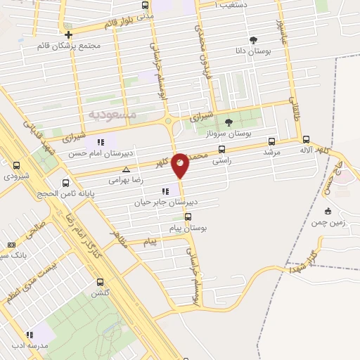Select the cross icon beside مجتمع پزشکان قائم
tap(68, 34)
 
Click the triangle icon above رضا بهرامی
tap(126, 169)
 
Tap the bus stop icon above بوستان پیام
tap(187, 217)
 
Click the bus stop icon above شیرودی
tap(16, 166)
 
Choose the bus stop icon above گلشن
tap(100, 282)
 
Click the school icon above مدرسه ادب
tap(30, 335)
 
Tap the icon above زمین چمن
tap(327, 211)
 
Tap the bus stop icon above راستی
tap(222, 149)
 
